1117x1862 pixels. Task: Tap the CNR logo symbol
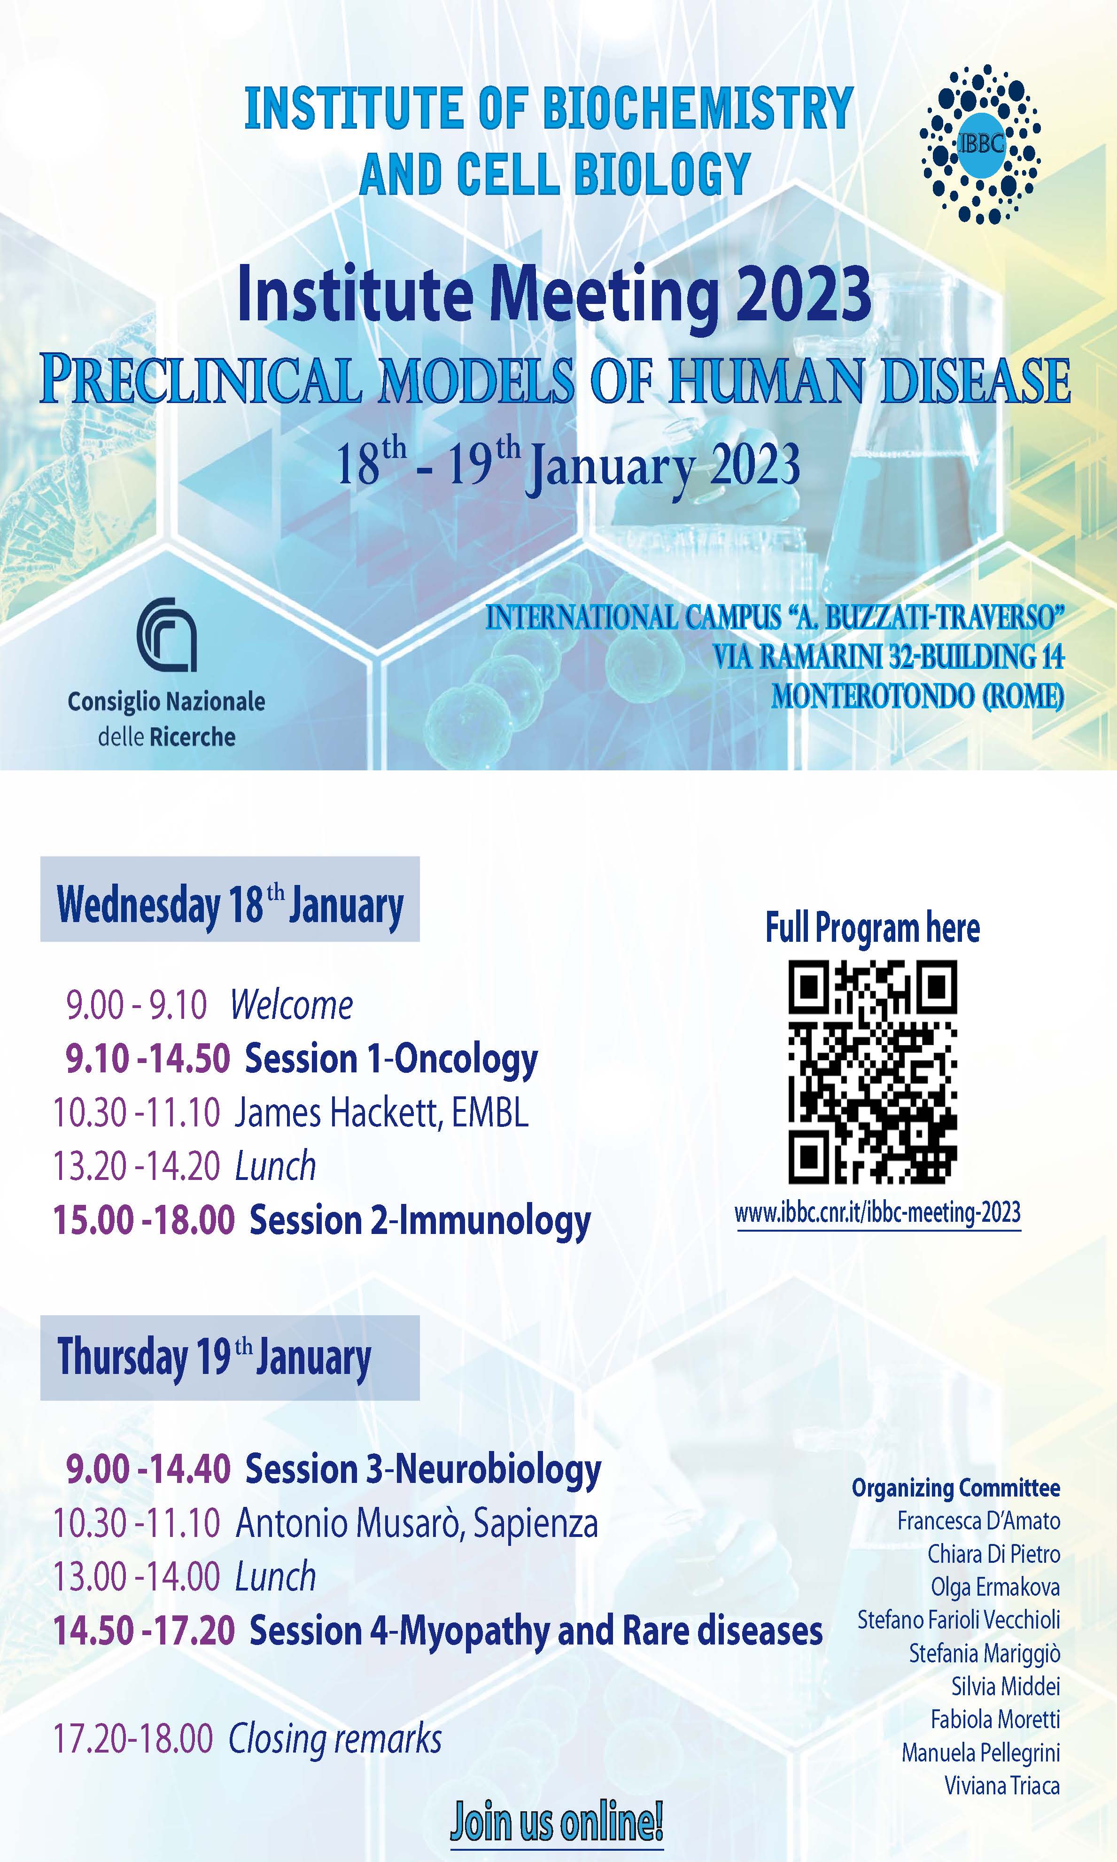[x=167, y=635]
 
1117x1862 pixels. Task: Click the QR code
[x=872, y=1072]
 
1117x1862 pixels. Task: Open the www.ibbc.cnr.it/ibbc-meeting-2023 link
[x=877, y=1212]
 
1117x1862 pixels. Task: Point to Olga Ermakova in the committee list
[x=995, y=1587]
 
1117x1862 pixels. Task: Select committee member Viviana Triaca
[x=1002, y=1786]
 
